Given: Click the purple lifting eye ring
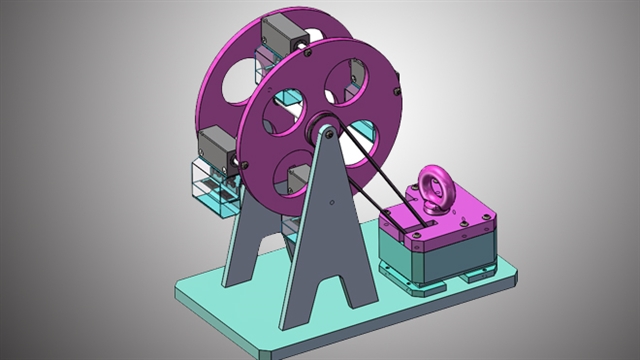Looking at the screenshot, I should tap(436, 185).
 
